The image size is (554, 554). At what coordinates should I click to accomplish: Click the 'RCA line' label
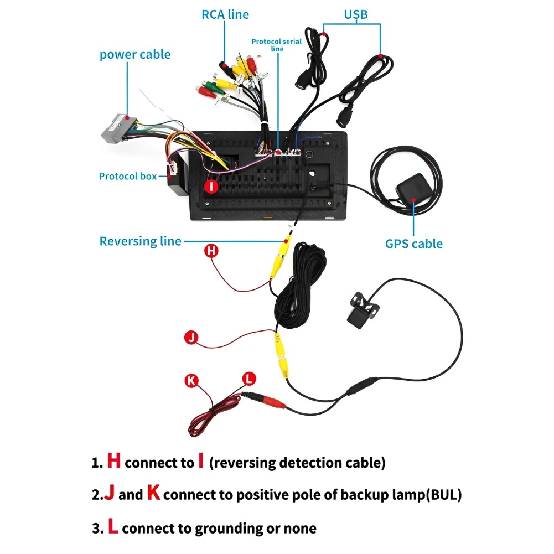(x=225, y=15)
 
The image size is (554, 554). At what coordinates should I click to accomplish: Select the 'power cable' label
(x=135, y=55)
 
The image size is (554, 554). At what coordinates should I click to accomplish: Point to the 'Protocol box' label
(x=128, y=177)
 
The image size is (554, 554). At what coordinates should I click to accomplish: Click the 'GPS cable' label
(x=414, y=243)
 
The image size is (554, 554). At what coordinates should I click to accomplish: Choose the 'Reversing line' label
(x=140, y=241)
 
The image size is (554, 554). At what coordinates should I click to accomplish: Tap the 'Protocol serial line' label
(x=277, y=45)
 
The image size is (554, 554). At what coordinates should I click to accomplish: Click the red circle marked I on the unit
(x=212, y=186)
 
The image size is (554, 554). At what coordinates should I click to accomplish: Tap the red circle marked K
(x=191, y=380)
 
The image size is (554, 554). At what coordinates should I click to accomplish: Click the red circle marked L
(x=250, y=379)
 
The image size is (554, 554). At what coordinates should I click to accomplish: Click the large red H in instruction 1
(x=114, y=461)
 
